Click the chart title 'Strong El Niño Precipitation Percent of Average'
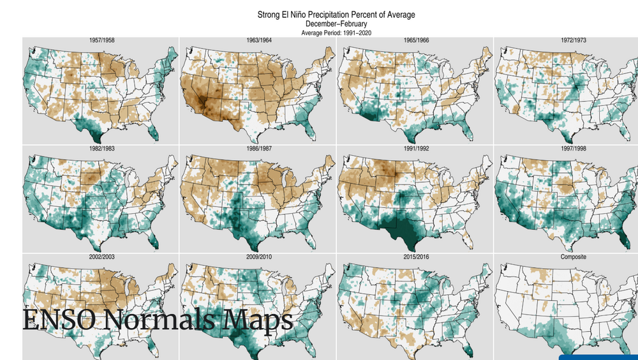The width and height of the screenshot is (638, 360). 336,15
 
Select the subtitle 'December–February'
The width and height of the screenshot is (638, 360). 336,24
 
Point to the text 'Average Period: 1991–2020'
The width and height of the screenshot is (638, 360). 336,33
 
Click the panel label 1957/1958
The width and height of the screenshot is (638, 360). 101,40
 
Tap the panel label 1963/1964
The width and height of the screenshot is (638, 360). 259,40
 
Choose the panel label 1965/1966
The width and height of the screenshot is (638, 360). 416,40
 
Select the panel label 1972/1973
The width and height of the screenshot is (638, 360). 574,40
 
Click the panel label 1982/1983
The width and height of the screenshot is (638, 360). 101,149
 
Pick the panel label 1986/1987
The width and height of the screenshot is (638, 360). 259,149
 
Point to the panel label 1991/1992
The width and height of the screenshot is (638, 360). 416,149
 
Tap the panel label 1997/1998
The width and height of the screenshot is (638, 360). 574,149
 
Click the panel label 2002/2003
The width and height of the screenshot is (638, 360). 101,257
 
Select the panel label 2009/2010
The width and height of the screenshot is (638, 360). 259,257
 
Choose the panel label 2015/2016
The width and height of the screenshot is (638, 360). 416,257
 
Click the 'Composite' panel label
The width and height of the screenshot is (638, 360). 574,257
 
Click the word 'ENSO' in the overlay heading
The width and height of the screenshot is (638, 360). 58,320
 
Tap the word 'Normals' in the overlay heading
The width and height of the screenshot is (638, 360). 159,320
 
